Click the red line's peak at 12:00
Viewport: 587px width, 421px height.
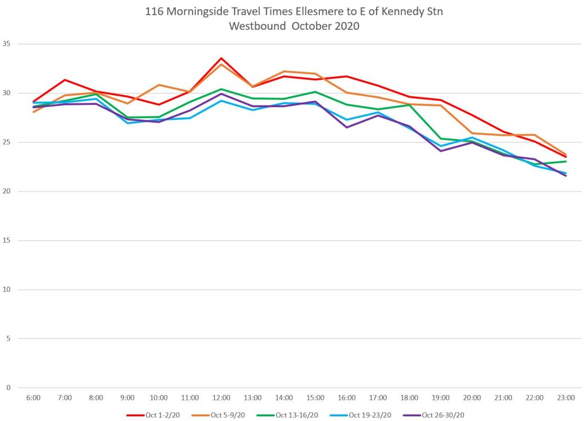point(221,58)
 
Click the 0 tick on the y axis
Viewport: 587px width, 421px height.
point(8,388)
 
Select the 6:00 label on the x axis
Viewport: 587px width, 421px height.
point(33,397)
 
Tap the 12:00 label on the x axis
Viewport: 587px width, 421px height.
point(221,397)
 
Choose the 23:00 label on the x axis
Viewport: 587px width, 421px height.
point(566,397)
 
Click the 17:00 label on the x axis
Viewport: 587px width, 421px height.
point(378,397)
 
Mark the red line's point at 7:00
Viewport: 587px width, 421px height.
point(65,80)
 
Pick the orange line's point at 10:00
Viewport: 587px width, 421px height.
point(159,85)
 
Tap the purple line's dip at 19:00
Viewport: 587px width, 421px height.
point(441,151)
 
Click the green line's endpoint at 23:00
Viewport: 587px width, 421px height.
point(566,161)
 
